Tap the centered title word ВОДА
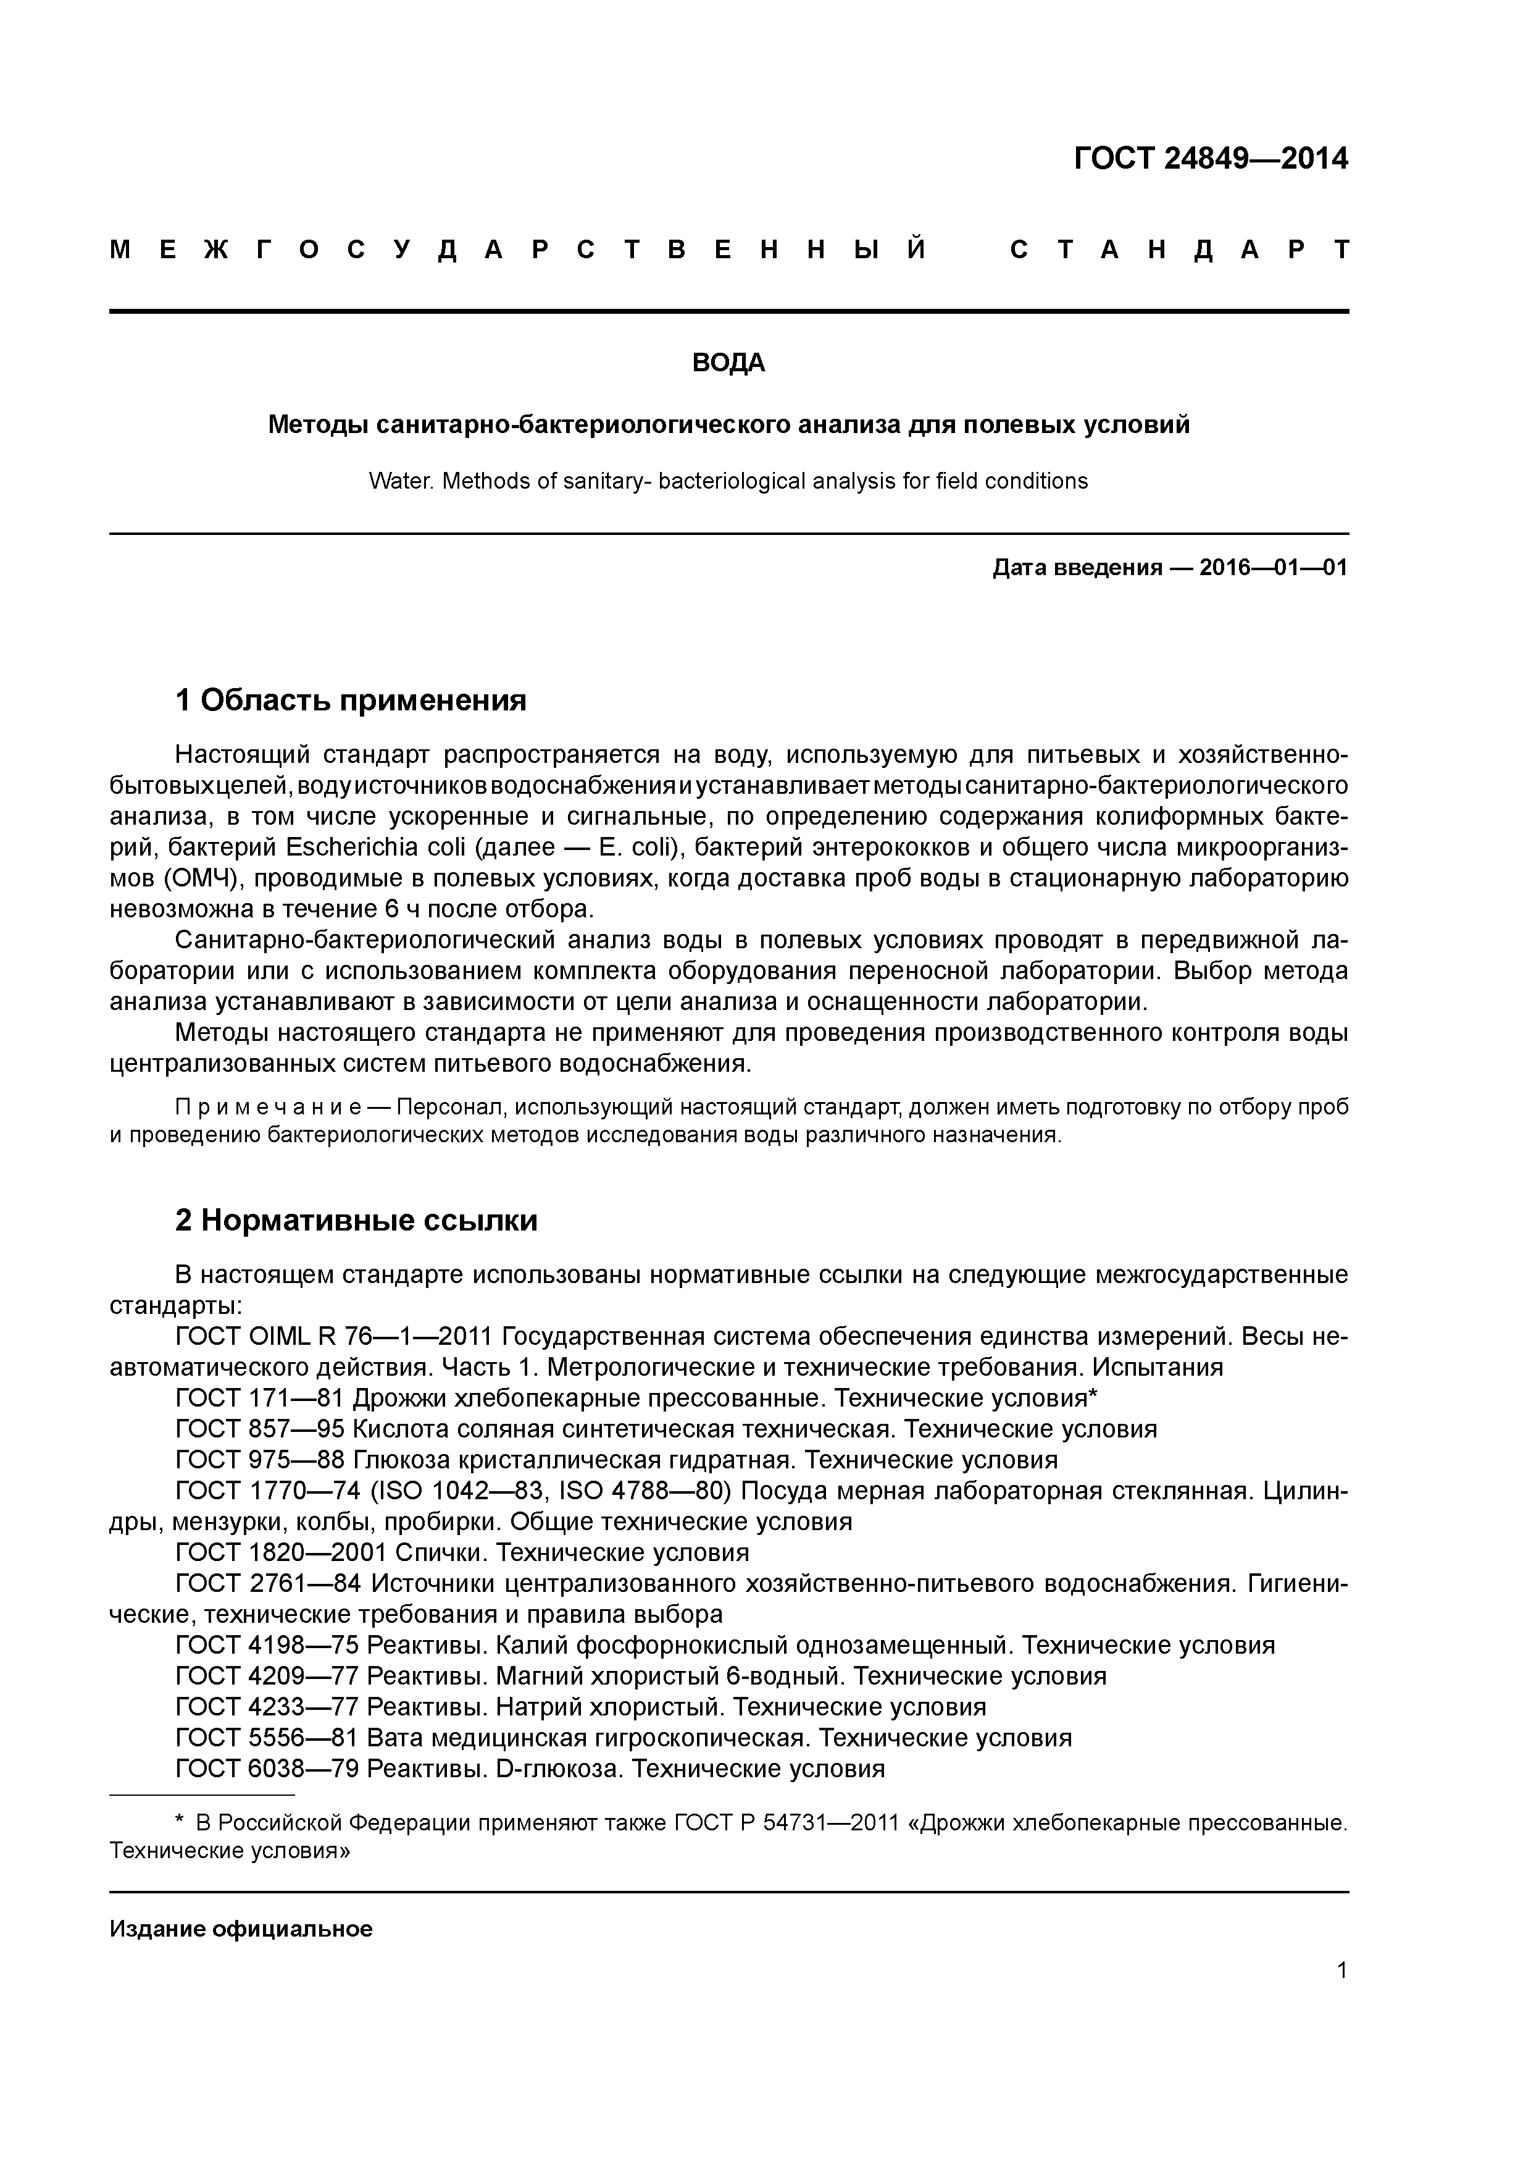coord(728,363)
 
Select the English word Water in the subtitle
coord(400,481)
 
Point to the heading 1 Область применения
coord(350,701)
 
